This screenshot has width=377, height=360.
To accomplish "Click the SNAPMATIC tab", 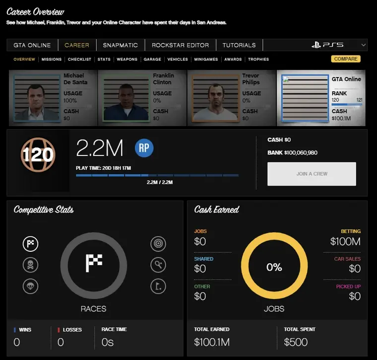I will coord(121,45).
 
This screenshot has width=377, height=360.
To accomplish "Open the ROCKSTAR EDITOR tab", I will coord(180,45).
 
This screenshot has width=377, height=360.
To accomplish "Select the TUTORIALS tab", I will coord(239,45).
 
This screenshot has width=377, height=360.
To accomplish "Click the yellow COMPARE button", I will coord(346,59).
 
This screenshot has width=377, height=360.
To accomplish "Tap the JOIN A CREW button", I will coord(312,174).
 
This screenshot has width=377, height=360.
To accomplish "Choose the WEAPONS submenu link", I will coord(127,60).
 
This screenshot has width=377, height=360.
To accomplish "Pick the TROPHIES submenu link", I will coord(258,60).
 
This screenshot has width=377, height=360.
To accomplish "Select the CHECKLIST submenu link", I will coord(79,60).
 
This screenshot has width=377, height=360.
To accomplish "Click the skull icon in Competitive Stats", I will coord(31,265).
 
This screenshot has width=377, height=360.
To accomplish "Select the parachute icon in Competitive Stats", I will coord(31,286).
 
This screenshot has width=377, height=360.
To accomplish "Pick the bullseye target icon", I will coord(158,244).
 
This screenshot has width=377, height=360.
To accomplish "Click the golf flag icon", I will coord(158,286).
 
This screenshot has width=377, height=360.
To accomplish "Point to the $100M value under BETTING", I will coord(345,242).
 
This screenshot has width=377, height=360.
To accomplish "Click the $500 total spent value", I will coord(296,342).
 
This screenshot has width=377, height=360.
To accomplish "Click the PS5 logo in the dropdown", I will coord(327,45).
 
